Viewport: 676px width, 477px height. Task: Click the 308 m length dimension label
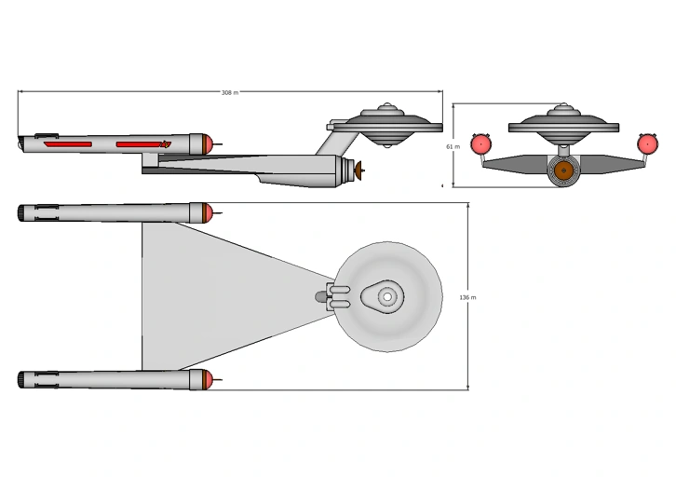[229, 92]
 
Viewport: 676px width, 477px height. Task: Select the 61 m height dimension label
[453, 146]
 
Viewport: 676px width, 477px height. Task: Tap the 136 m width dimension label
[467, 297]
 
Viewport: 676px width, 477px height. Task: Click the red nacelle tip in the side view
[211, 143]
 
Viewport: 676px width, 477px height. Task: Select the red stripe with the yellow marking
[142, 144]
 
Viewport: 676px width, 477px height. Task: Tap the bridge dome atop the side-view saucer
[385, 108]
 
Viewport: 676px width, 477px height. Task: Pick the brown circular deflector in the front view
[562, 171]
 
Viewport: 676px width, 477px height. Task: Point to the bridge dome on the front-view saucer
[562, 109]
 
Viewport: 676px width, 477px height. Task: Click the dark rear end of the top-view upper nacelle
[21, 213]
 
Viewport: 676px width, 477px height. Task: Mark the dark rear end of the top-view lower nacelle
[21, 380]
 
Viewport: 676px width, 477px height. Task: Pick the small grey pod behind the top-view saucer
[321, 296]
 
